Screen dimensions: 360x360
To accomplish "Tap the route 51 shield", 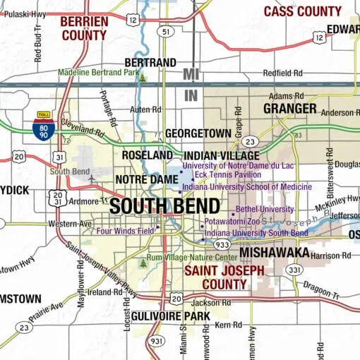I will pyautogui.click(x=164, y=32).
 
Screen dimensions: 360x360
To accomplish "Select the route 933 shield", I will pyautogui.click(x=222, y=244).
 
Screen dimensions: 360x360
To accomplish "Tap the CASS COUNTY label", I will pyautogui.click(x=302, y=11).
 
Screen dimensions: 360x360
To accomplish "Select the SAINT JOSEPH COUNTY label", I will pyautogui.click(x=224, y=277).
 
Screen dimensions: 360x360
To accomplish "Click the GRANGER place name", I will pyautogui.click(x=289, y=108).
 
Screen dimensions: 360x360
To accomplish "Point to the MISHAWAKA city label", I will pyautogui.click(x=275, y=253).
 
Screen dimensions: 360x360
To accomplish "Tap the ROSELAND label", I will pyautogui.click(x=147, y=155).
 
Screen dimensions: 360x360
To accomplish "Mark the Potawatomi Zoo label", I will pyautogui.click(x=232, y=222).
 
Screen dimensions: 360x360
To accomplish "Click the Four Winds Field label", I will pyautogui.click(x=126, y=230).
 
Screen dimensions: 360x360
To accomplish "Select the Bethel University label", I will pyautogui.click(x=265, y=210).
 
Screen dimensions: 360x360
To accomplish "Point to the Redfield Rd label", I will pyautogui.click(x=282, y=73).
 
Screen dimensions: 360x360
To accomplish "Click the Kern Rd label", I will pyautogui.click(x=228, y=325).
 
